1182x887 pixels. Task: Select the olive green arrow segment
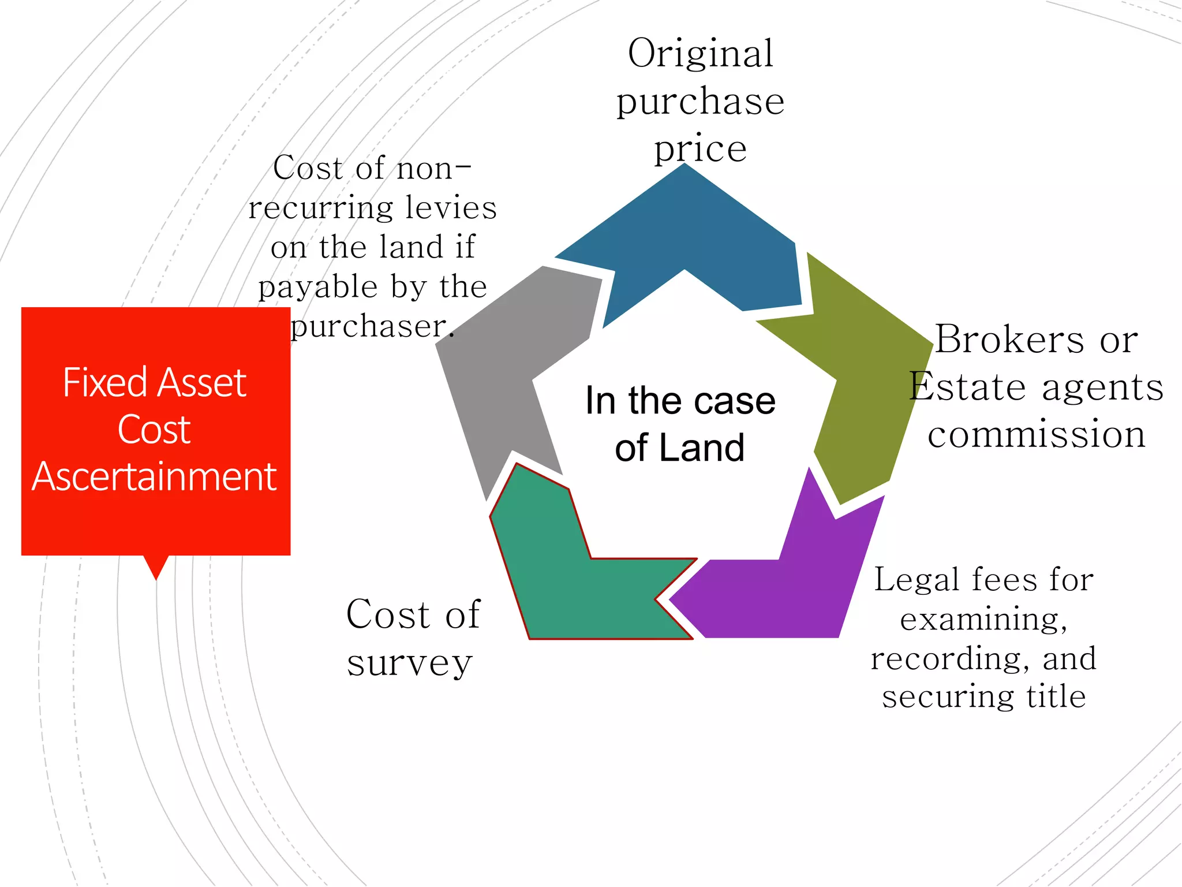[866, 375]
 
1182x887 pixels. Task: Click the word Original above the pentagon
[700, 54]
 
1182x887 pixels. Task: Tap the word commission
[1037, 434]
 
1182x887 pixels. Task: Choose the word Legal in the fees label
[911, 580]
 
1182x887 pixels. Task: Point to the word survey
[410, 663]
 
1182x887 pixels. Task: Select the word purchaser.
[369, 327]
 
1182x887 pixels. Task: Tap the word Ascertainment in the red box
[155, 477]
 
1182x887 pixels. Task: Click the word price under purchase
[700, 149]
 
